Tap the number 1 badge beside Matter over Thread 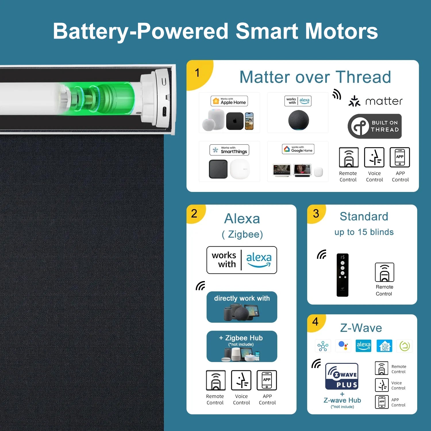pos(198,74)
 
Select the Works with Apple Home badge pos(229,101)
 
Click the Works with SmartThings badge pos(229,150)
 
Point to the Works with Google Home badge pos(298,149)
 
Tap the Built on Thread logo pos(375,126)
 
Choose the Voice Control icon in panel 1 pos(374,157)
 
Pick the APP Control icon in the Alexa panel pos(267,380)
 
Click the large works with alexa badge pos(242,260)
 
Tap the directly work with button pos(242,307)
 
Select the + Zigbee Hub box pos(242,346)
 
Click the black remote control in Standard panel pos(343,275)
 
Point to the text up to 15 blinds pos(364,232)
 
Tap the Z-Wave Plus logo pos(342,376)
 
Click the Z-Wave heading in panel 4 pos(361,328)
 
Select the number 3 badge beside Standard pos(316,214)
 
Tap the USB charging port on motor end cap pos(164,111)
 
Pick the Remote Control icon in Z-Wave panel pos(382,368)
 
